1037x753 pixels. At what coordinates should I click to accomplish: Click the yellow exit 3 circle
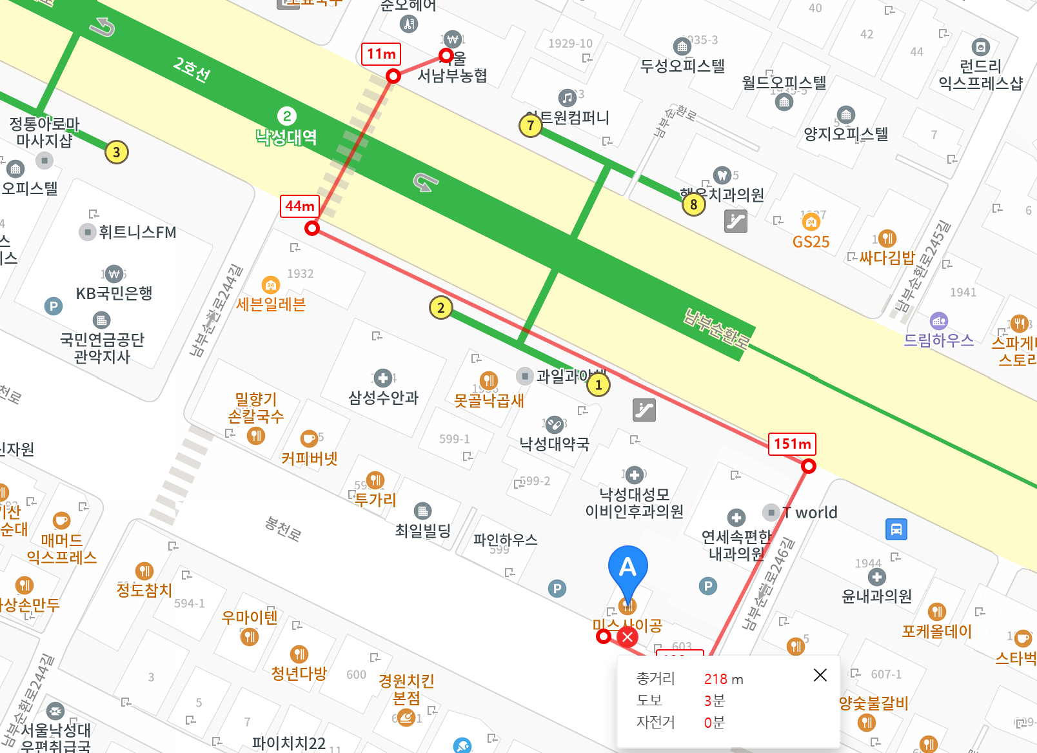click(116, 152)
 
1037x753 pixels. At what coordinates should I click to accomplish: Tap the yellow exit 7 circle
click(530, 125)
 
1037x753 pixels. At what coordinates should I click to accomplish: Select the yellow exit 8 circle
click(693, 204)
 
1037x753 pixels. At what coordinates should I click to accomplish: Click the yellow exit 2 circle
click(440, 308)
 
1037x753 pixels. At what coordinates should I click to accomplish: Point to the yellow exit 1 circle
click(598, 385)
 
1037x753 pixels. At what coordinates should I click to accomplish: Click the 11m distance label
click(381, 54)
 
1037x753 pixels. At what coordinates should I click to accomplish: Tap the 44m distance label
click(300, 206)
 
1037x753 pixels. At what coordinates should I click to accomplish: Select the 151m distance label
click(792, 444)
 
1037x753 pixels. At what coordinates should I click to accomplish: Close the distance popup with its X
click(820, 675)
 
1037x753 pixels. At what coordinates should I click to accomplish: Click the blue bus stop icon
click(896, 529)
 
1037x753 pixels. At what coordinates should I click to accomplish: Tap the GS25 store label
click(811, 242)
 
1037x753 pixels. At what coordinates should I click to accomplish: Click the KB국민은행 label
click(114, 293)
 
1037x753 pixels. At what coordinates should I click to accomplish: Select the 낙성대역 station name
click(286, 137)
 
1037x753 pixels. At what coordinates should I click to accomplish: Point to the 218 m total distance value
click(723, 679)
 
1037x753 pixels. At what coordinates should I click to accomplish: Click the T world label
click(810, 513)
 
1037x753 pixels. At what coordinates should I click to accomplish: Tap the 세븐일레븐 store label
click(271, 304)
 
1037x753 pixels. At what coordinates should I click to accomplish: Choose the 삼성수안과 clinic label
click(383, 398)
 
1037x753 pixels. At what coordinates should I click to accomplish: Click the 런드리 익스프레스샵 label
click(980, 74)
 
